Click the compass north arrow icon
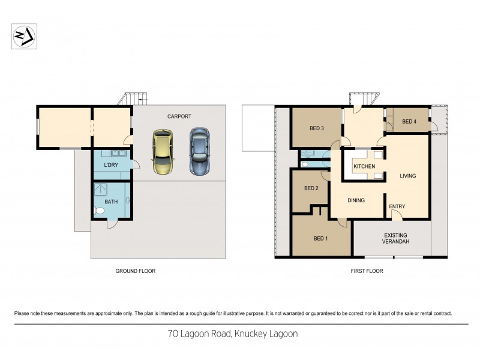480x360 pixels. click(x=24, y=36)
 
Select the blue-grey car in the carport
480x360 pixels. click(x=200, y=151)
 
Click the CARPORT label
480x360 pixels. click(x=179, y=116)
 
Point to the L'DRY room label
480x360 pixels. click(x=110, y=165)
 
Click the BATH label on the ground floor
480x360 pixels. click(x=112, y=202)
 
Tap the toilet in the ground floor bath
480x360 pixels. click(x=99, y=211)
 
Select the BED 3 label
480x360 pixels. click(x=317, y=128)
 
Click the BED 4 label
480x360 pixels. click(x=409, y=122)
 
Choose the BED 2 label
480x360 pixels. click(x=311, y=188)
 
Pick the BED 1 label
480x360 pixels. click(x=321, y=238)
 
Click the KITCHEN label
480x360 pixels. click(x=364, y=166)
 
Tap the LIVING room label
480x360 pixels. click(x=408, y=176)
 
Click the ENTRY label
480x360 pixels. click(x=397, y=206)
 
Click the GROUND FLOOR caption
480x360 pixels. click(x=135, y=271)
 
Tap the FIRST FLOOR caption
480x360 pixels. click(x=367, y=271)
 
